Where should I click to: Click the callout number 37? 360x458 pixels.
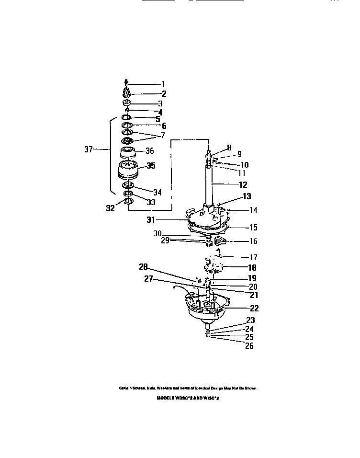pos(88,149)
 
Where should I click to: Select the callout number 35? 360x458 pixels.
pos(151,167)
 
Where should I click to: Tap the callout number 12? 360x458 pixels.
pos(243,184)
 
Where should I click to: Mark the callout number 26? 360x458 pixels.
pos(249,346)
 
